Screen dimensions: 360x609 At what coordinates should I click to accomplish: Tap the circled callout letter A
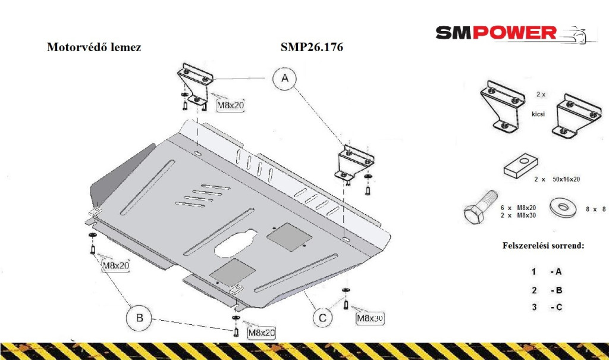(x=285, y=79)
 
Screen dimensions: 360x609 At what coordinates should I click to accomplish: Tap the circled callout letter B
(x=139, y=318)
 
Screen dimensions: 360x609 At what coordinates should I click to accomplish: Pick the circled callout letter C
(x=322, y=318)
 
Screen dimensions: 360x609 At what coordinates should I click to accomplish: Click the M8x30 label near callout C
(x=369, y=318)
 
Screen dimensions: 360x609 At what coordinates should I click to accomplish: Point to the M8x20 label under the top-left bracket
(x=229, y=105)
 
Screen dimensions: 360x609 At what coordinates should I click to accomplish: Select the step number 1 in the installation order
(x=534, y=272)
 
